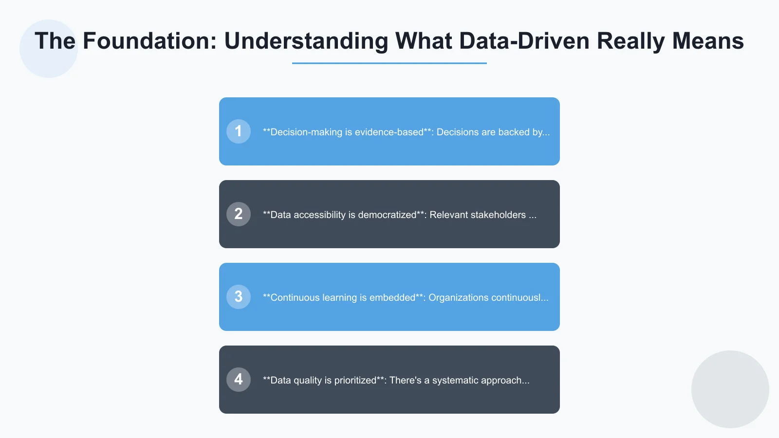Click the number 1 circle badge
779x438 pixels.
[x=239, y=131]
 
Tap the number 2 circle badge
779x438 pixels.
[x=239, y=214]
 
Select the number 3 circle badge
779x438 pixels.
[x=239, y=297]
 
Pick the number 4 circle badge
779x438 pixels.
[x=239, y=380]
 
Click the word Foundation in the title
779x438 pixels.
[x=149, y=41]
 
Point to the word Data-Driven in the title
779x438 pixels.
[x=524, y=41]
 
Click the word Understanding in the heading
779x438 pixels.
[x=306, y=41]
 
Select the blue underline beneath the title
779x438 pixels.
[x=389, y=63]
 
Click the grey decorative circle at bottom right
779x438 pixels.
[x=730, y=389]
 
